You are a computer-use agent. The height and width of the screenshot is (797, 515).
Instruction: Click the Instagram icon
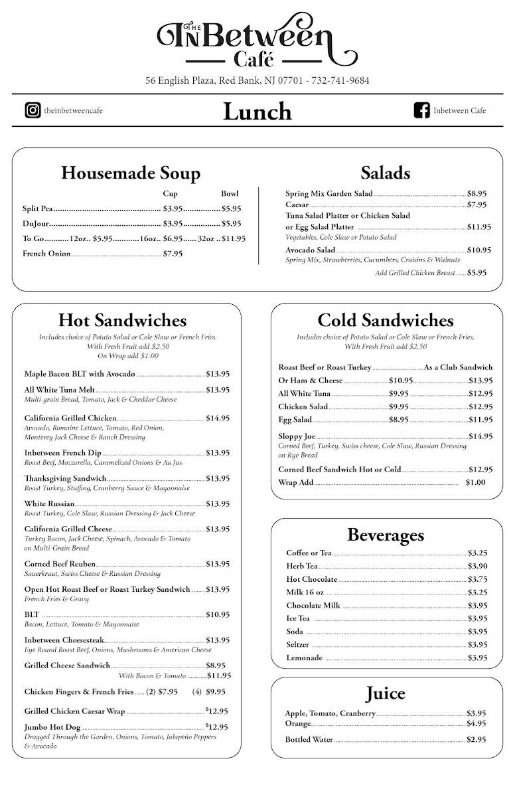[33, 110]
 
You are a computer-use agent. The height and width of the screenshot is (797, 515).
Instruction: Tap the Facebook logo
[422, 110]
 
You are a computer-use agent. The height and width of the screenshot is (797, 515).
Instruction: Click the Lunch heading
[257, 112]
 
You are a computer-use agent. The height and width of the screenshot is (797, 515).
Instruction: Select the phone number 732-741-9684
[340, 81]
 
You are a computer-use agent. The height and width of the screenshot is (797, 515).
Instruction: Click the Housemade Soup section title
[131, 173]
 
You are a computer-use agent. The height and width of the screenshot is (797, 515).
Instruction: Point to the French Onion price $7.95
[173, 254]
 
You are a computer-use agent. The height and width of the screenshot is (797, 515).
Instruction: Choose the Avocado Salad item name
[310, 250]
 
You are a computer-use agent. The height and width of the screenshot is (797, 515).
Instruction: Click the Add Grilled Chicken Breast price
[477, 273]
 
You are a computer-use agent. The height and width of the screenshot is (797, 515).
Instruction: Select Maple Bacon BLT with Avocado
[80, 374]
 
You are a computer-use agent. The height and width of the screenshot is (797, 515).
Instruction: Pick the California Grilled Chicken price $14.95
[218, 418]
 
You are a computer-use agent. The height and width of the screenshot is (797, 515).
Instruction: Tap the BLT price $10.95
[218, 614]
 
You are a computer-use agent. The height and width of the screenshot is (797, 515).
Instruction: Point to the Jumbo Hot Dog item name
[52, 727]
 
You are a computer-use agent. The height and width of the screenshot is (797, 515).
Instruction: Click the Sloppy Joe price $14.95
[480, 436]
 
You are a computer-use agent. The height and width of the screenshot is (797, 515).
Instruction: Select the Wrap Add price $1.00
[475, 483]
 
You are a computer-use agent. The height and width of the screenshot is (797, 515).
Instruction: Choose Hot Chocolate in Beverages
[311, 579]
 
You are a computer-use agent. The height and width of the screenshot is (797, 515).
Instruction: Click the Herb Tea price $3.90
[478, 566]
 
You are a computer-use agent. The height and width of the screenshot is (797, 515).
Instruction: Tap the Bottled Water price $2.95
[477, 739]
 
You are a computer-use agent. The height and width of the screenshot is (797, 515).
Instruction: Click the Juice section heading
[385, 694]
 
